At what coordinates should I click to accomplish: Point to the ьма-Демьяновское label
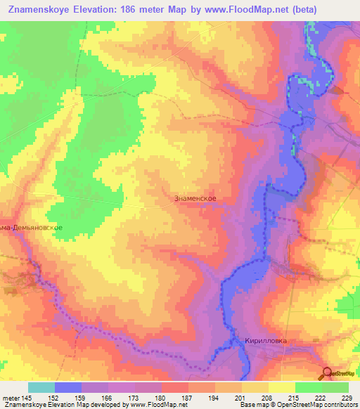click(x=32, y=228)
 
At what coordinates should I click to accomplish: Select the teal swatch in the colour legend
click(x=41, y=387)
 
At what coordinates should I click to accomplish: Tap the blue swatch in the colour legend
click(x=68, y=387)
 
